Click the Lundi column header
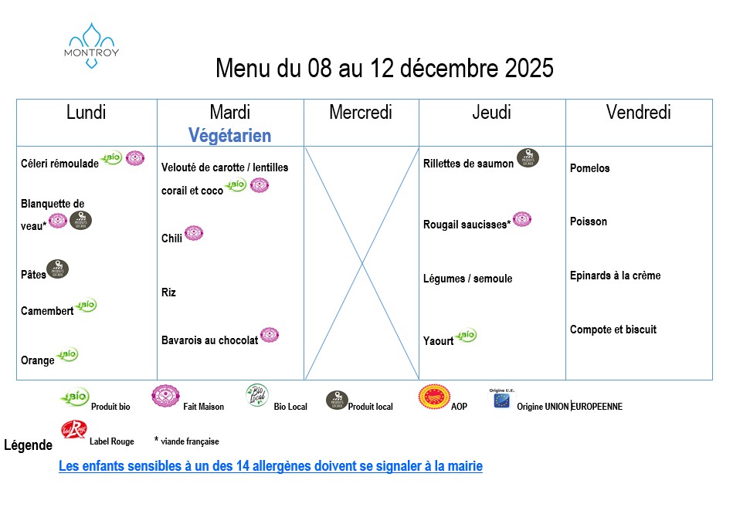click(87, 113)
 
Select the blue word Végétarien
click(230, 136)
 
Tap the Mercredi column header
click(361, 113)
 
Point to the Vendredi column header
click(639, 113)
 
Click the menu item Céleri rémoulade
click(59, 164)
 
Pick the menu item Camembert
click(47, 311)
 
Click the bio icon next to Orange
click(68, 354)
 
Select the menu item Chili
click(171, 238)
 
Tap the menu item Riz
click(168, 292)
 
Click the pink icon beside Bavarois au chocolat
click(270, 335)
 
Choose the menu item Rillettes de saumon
click(468, 164)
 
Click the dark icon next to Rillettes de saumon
click(528, 158)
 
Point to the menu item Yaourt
click(438, 341)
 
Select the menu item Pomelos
click(589, 168)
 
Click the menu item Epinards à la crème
click(615, 276)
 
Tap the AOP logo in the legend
click(432, 397)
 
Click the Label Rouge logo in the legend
click(73, 429)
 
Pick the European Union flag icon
click(501, 401)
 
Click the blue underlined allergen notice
click(270, 466)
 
